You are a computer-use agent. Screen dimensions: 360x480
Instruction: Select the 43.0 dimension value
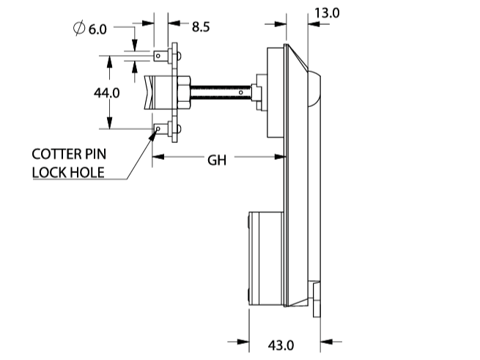282,345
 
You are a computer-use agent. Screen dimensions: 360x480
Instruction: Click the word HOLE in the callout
86,173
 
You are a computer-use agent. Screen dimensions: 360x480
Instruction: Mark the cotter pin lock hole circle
158,131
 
